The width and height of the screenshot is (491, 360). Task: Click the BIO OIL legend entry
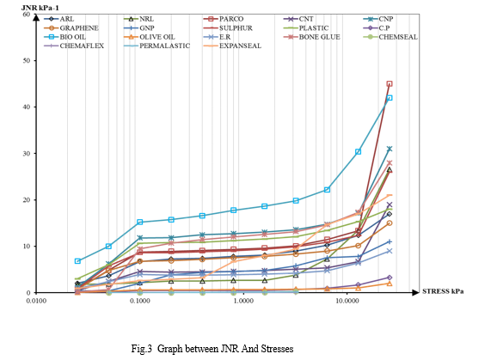[x=64, y=37]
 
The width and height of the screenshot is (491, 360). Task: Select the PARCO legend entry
[x=224, y=19]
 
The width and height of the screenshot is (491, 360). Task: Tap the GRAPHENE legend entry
[x=71, y=28]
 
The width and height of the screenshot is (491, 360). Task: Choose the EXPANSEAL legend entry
[x=232, y=46]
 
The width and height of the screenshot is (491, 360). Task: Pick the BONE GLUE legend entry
[x=311, y=37]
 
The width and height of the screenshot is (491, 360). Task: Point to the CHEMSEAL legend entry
[x=390, y=37]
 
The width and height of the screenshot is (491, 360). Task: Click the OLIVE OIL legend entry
[x=149, y=37]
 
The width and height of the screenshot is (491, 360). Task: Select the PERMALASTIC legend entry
[x=157, y=46]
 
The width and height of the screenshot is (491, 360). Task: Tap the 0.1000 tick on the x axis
[x=139, y=301]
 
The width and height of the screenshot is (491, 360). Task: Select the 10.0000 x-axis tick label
[x=347, y=301]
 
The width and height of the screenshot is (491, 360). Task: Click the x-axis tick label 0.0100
[x=36, y=301]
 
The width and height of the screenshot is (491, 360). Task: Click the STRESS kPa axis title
[x=443, y=291]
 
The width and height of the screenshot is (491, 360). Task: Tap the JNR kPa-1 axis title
[x=40, y=8]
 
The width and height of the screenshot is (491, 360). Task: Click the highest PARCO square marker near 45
[x=390, y=84]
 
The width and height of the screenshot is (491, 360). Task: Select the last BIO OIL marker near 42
[x=390, y=98]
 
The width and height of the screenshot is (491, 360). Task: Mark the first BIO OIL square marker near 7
[x=77, y=261]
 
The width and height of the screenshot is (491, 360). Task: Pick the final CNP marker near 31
[x=390, y=149]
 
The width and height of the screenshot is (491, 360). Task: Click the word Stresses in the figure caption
[x=277, y=349]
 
